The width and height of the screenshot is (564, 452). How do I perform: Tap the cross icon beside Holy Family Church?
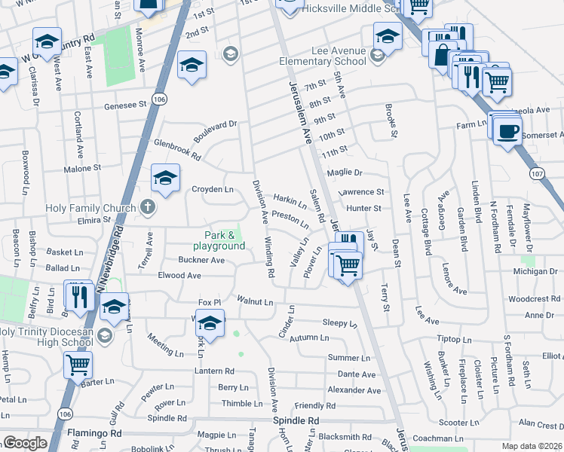pos(147,207)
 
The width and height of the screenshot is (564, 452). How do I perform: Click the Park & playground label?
pos(219,240)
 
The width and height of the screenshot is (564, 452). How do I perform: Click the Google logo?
pos(25,443)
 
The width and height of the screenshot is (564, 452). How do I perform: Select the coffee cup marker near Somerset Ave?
pos(507,130)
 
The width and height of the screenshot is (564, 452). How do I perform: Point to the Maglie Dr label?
pos(345,173)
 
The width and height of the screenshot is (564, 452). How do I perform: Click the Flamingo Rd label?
pos(94,434)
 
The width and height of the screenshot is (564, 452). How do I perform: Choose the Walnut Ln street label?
pos(255,301)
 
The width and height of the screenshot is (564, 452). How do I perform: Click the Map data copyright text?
pos(531,446)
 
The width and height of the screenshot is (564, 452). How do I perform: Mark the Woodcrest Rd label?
pos(532,298)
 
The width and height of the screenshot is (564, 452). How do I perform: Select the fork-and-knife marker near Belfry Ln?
pos(78,295)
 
